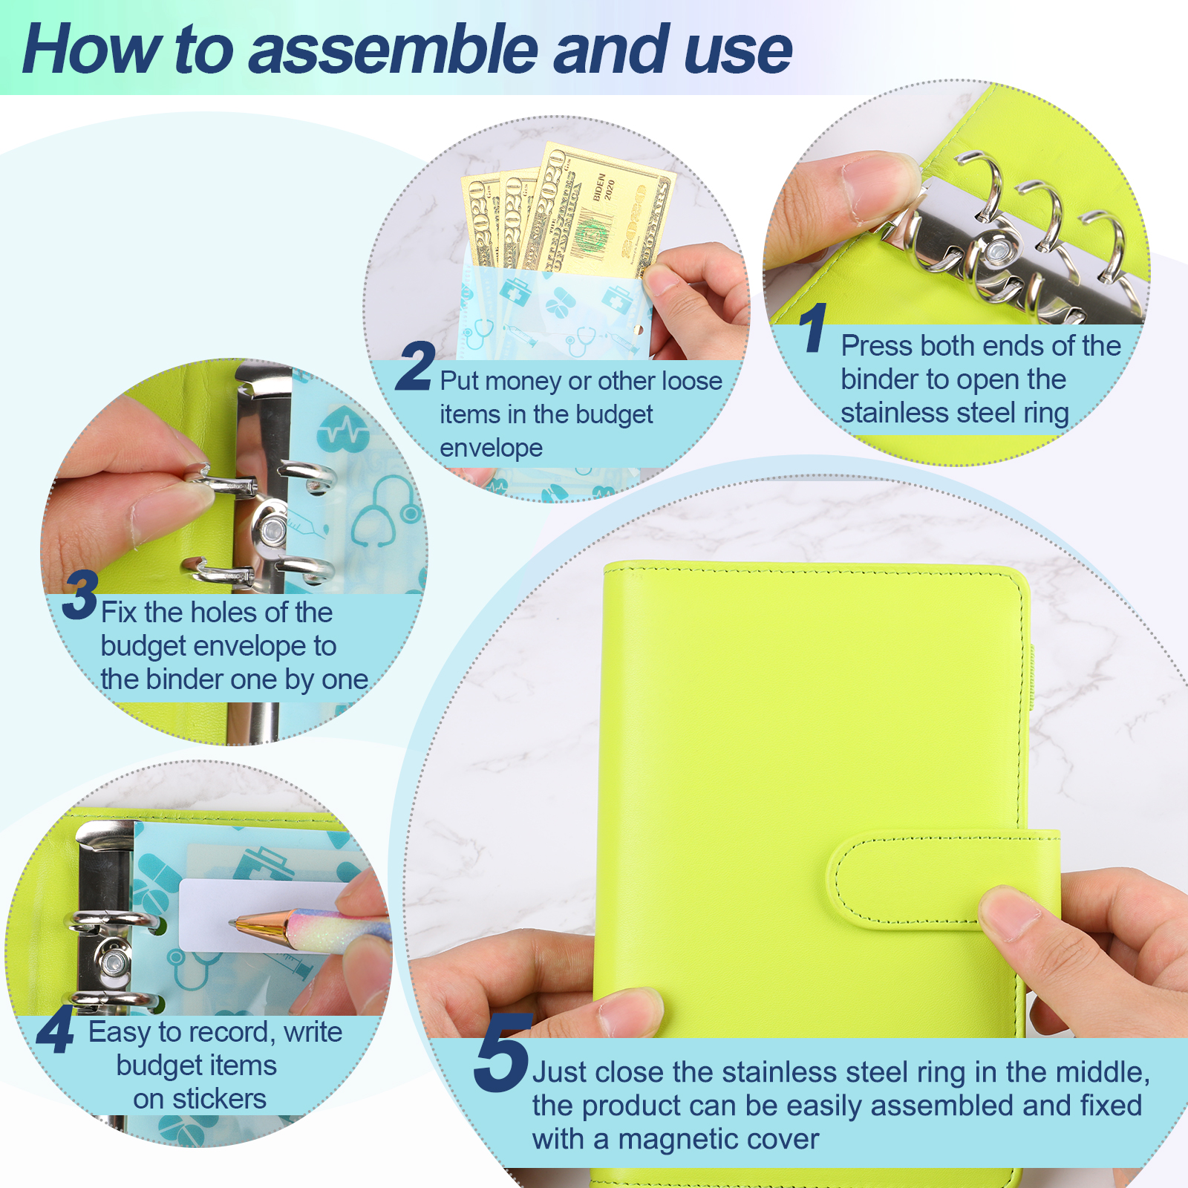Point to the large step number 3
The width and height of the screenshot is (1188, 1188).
[80, 595]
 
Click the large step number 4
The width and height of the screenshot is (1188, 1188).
[56, 1030]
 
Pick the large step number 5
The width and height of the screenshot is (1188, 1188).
[503, 1053]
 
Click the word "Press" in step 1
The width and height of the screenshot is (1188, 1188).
[877, 346]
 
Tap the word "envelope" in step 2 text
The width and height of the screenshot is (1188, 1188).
[491, 448]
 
